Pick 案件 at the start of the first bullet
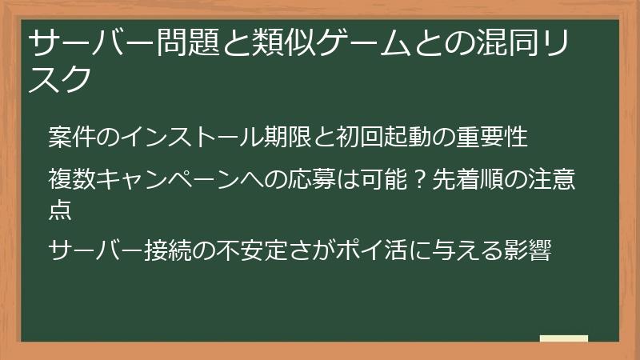[x=68, y=137]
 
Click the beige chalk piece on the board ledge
[x=563, y=338]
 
